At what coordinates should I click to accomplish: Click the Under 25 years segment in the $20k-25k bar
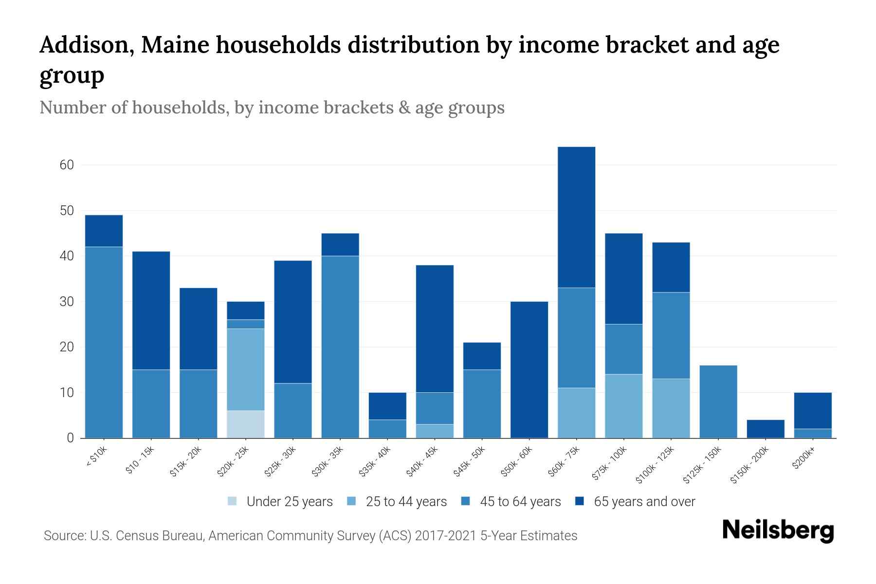(x=246, y=424)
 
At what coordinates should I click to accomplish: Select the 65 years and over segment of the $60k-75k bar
(x=576, y=217)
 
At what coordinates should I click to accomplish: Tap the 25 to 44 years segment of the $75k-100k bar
(x=623, y=406)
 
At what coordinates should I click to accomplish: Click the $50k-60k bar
(x=529, y=370)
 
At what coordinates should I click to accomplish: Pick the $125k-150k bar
(x=718, y=401)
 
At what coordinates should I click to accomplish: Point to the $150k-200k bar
(x=766, y=429)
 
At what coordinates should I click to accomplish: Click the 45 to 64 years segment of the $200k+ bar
(x=813, y=433)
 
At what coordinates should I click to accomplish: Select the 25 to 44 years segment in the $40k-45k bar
(x=435, y=431)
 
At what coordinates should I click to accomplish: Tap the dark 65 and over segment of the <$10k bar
(x=104, y=231)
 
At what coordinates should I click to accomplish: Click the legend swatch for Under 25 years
(x=232, y=501)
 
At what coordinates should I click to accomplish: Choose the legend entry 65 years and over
(x=644, y=502)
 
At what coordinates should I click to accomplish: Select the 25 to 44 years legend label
(x=406, y=502)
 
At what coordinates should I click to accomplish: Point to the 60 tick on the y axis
(x=67, y=165)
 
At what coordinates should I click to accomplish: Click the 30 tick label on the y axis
(x=67, y=302)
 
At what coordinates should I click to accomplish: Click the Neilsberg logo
(x=778, y=530)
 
